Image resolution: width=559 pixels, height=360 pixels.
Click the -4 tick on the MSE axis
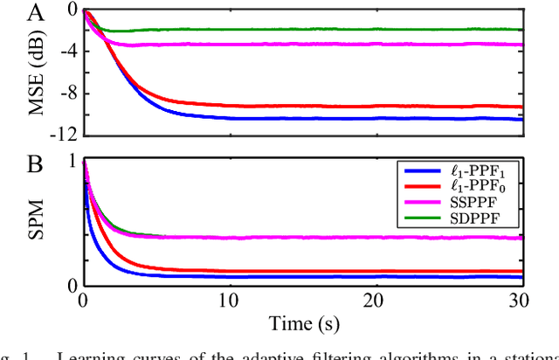click(x=63, y=51)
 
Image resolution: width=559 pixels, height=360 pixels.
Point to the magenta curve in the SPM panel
click(x=349, y=237)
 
